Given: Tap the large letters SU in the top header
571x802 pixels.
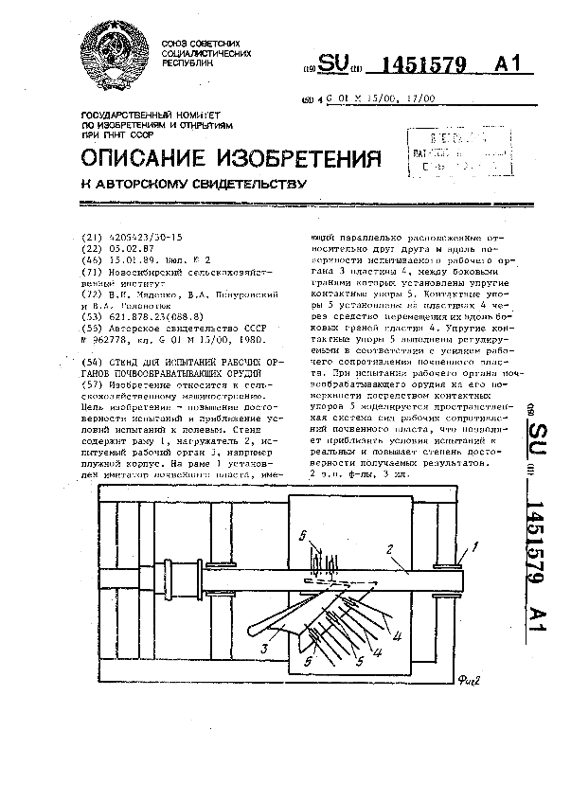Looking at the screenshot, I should [334, 63].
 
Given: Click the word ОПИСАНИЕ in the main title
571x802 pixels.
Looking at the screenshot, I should [153, 156].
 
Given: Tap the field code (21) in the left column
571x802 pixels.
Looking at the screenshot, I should [92, 239].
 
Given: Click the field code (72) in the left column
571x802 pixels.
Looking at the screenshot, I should [92, 291].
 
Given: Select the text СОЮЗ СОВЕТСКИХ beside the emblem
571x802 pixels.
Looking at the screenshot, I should [199, 45].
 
